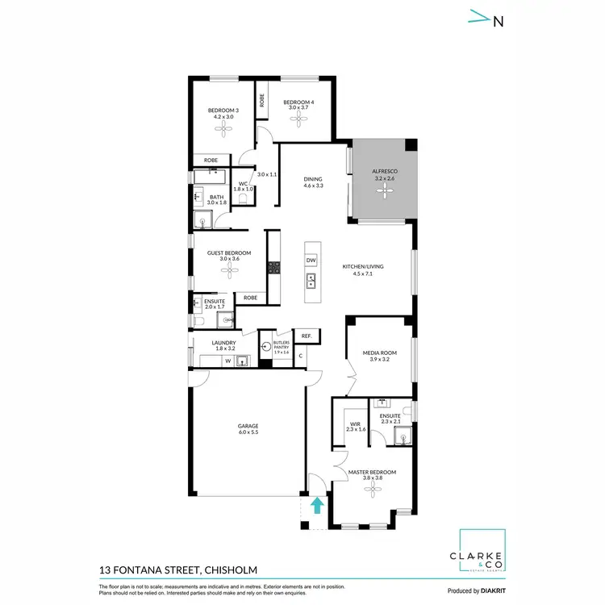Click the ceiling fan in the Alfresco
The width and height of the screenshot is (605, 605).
click(382, 191)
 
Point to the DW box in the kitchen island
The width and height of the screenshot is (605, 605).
click(311, 260)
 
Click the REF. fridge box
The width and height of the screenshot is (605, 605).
click(307, 336)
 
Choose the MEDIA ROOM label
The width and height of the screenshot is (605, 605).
click(380, 353)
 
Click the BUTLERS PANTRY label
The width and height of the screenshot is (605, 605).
click(281, 345)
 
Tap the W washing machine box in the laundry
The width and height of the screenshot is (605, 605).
click(227, 361)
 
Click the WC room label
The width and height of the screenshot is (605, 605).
click(242, 184)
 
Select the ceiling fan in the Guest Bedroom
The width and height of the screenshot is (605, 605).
click(229, 272)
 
